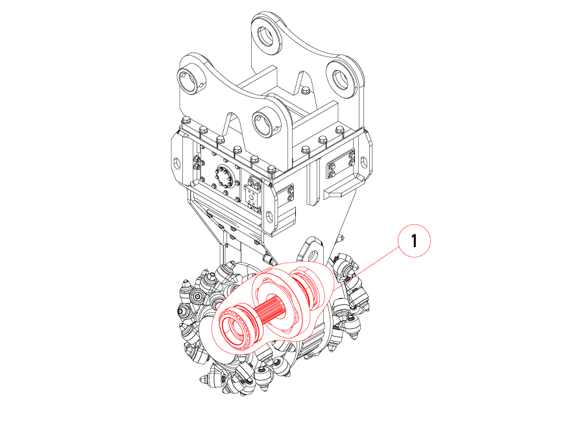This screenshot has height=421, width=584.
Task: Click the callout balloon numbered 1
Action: [414, 241]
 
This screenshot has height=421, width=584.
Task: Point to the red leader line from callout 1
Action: [367, 269]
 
